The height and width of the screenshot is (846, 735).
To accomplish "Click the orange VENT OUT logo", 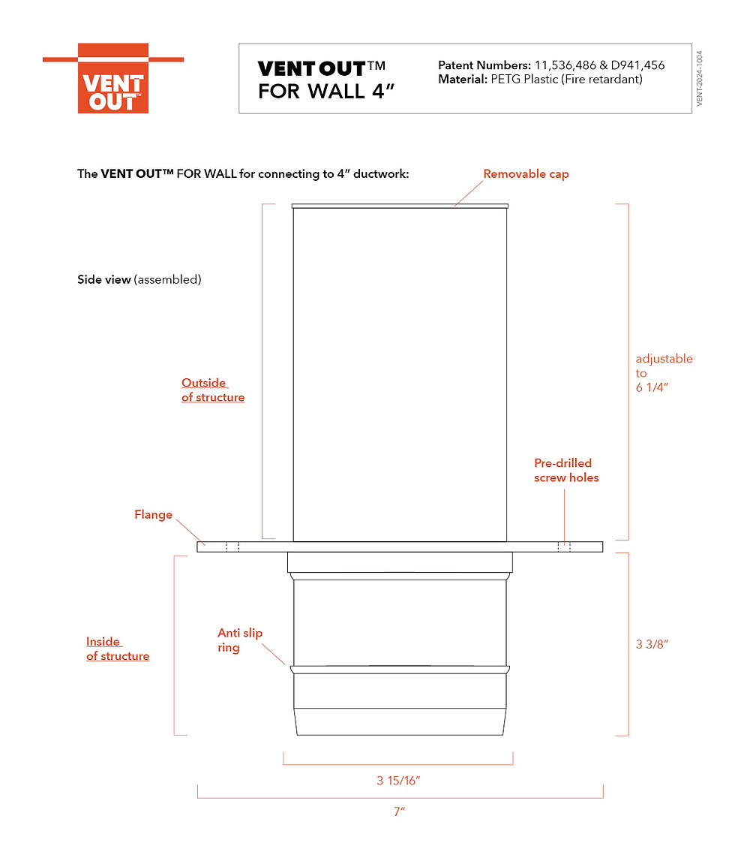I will point(112,79).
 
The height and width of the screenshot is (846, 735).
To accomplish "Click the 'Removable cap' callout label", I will point(526,174).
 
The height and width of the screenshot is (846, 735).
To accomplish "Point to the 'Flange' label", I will point(153,515).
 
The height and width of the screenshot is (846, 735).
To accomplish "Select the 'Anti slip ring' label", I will point(239,640).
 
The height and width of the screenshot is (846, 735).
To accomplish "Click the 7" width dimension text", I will point(399,811).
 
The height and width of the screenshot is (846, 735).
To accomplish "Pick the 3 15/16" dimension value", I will point(398,781).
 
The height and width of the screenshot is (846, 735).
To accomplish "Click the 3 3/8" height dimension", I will point(652,644).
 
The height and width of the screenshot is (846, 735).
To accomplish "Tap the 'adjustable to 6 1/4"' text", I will point(663,373).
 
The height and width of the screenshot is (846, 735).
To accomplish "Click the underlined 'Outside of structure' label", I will point(212,390).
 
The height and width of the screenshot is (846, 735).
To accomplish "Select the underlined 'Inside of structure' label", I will point(117,649).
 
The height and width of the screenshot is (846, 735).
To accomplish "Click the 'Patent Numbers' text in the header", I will point(484,65).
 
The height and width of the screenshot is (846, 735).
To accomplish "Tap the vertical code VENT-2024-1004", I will point(699,80).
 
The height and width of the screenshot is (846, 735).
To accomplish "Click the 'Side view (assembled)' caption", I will point(139,280).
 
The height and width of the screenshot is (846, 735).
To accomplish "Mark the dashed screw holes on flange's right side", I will point(563,546).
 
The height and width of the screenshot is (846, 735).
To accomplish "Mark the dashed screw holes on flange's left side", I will point(232,546).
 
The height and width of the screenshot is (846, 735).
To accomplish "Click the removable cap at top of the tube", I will point(399,206).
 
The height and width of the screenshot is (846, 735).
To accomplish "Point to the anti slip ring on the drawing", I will point(399,668).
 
